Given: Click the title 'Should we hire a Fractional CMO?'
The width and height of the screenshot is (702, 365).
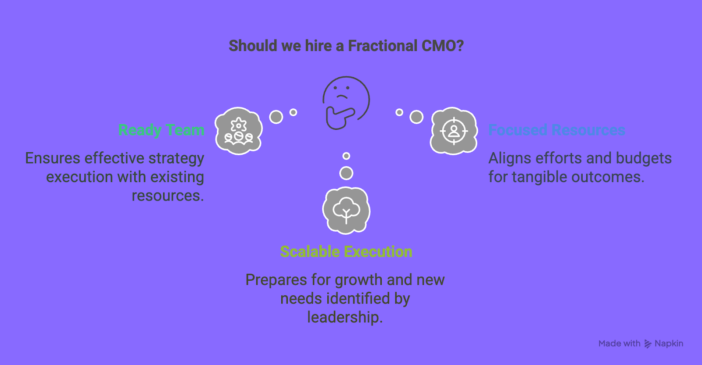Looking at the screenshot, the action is tap(346, 46).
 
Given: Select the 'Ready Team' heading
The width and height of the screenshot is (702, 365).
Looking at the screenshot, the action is tap(161, 130).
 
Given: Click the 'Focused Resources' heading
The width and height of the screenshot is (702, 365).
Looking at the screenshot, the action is tap(557, 130).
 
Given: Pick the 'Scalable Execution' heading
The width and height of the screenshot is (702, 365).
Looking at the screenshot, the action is tap(346, 251).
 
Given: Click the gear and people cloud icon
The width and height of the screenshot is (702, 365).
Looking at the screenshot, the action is tap(239, 131).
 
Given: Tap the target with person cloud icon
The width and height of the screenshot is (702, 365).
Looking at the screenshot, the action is tap(454, 131).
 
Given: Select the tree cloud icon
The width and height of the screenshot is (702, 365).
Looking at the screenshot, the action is tap(346, 211).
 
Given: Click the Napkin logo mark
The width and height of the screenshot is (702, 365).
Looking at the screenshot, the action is tap(648, 344).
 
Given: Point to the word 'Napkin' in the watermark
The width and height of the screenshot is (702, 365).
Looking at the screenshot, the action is tap(669, 344).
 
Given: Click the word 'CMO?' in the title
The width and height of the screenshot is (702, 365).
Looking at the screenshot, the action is tap(443, 46).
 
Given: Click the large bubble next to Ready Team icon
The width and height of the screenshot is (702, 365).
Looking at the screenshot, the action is tap(276, 117).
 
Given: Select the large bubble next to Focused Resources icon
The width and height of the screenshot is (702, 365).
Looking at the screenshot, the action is tap(416, 117).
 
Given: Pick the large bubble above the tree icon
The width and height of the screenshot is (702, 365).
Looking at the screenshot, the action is tap(346, 173).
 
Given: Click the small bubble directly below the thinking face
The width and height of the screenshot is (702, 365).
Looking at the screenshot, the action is tap(346, 156).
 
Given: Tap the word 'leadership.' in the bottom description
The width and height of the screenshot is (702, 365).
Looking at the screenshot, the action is tap(345, 317).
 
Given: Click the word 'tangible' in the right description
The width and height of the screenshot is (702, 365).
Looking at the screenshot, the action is tap(539, 177).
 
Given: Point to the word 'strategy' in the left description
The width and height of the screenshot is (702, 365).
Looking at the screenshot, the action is tap(176, 158).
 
